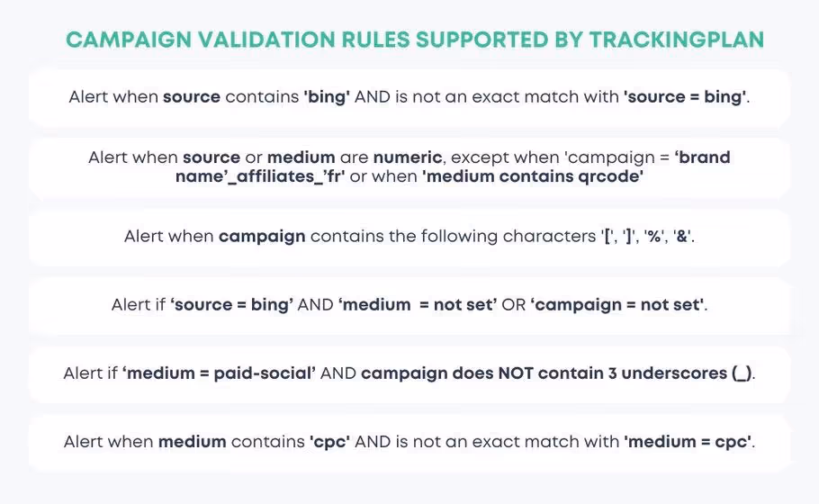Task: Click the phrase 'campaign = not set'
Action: (x=618, y=304)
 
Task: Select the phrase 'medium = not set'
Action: (x=418, y=304)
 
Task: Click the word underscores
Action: (x=671, y=373)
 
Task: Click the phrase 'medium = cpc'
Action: (x=687, y=441)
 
